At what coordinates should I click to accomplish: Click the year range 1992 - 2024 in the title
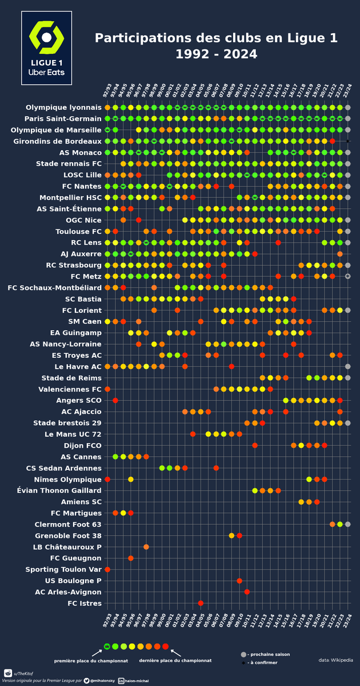coord(216,55)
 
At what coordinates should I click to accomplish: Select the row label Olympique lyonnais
coord(63,107)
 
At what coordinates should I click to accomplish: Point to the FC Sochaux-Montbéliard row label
coord(55,288)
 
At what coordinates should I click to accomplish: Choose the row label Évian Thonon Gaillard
coord(64,490)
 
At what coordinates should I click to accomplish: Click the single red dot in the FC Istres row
coord(201,603)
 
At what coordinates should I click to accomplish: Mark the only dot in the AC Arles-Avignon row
coord(247,592)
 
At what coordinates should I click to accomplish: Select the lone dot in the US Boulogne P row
coord(239,581)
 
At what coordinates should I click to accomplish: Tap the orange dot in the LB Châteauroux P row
coord(146,547)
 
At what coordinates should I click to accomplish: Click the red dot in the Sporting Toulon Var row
coord(107,569)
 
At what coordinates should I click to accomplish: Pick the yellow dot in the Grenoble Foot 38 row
coord(231,536)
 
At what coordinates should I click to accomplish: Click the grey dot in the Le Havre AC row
coord(348,366)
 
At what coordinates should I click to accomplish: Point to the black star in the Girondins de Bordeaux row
coord(348,141)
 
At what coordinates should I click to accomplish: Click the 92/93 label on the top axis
coord(107,91)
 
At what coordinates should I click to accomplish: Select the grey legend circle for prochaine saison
coord(243,654)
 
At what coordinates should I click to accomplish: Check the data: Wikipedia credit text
coord(336,660)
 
